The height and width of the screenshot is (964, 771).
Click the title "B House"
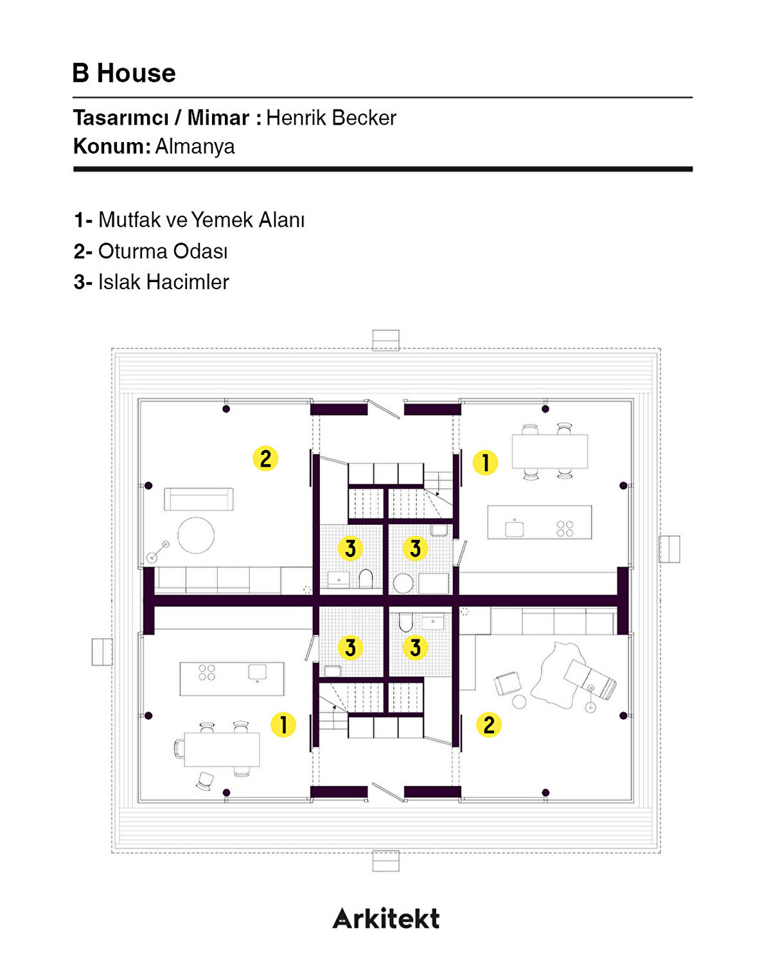[124, 73]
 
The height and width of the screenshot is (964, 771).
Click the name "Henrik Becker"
[331, 118]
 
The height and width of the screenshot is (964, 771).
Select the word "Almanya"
[195, 147]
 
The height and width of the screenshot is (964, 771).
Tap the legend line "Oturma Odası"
[163, 251]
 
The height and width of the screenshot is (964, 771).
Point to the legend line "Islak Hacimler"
[163, 282]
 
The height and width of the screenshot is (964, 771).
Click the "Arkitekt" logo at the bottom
[386, 918]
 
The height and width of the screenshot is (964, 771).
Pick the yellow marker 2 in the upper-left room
[265, 458]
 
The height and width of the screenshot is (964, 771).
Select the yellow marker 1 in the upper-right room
[485, 462]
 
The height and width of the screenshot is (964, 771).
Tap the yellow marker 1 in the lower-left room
[283, 724]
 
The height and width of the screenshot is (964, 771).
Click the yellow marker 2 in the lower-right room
[489, 724]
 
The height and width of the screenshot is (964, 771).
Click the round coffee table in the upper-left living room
[196, 535]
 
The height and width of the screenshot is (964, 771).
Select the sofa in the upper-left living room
[199, 499]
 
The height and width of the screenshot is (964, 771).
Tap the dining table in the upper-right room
[550, 451]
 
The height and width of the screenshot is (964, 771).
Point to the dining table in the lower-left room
[222, 749]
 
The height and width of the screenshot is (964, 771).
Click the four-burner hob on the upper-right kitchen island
[565, 529]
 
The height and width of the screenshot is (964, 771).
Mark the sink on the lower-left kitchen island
[257, 672]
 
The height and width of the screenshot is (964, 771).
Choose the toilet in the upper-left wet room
[366, 578]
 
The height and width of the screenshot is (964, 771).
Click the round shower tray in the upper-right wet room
[403, 584]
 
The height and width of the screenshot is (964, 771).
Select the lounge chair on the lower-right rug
[590, 680]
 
